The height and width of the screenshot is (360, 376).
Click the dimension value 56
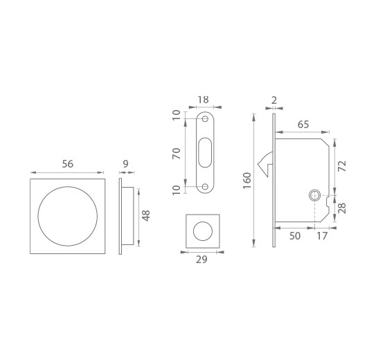68,164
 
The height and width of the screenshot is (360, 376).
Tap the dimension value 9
125,164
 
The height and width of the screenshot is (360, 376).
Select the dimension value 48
146,215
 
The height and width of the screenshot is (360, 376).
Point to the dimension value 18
204,100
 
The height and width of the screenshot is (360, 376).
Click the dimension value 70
177,154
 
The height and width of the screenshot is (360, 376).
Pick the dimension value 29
202,260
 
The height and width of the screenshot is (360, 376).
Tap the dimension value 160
247,181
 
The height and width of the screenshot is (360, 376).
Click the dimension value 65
303,125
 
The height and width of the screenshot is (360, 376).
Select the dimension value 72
341,166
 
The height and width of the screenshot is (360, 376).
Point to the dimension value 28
341,208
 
